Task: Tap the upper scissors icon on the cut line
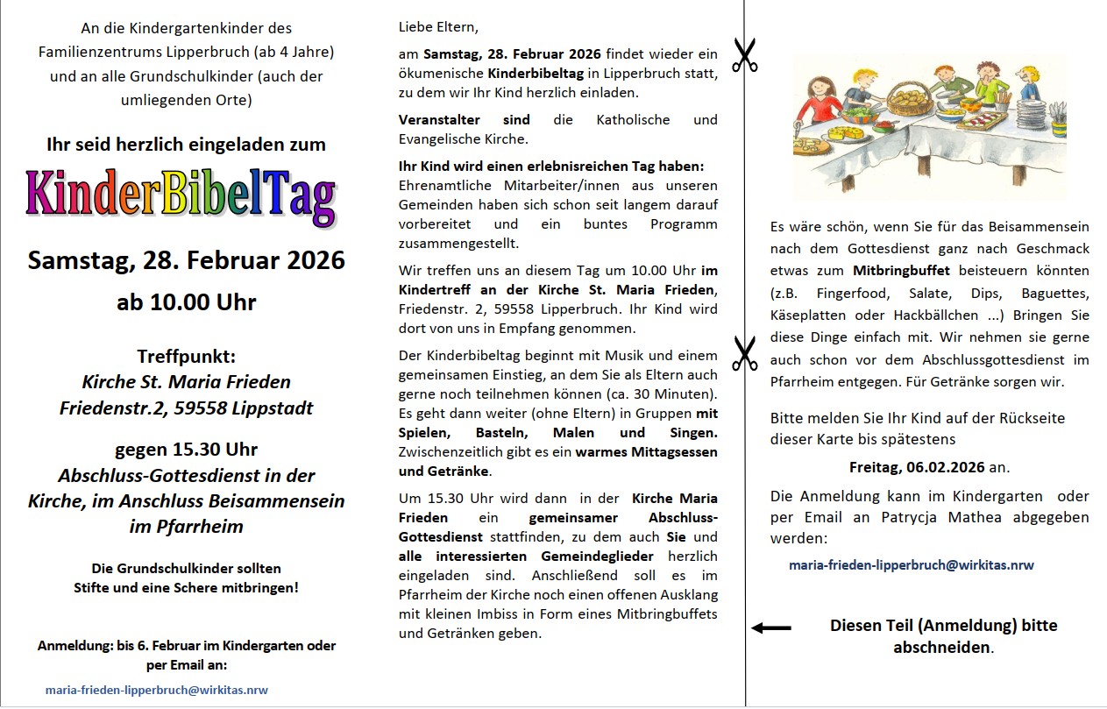coord(744,55)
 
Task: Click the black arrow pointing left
coord(771,627)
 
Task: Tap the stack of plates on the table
coord(1032,114)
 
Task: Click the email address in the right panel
coord(912,565)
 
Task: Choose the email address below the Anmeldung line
coord(157,690)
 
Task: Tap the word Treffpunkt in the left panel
coord(186,357)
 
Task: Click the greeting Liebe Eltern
coord(438,26)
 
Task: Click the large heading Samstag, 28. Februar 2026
coord(186,260)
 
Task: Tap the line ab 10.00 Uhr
coord(186,302)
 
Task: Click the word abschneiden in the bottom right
coord(942,649)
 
